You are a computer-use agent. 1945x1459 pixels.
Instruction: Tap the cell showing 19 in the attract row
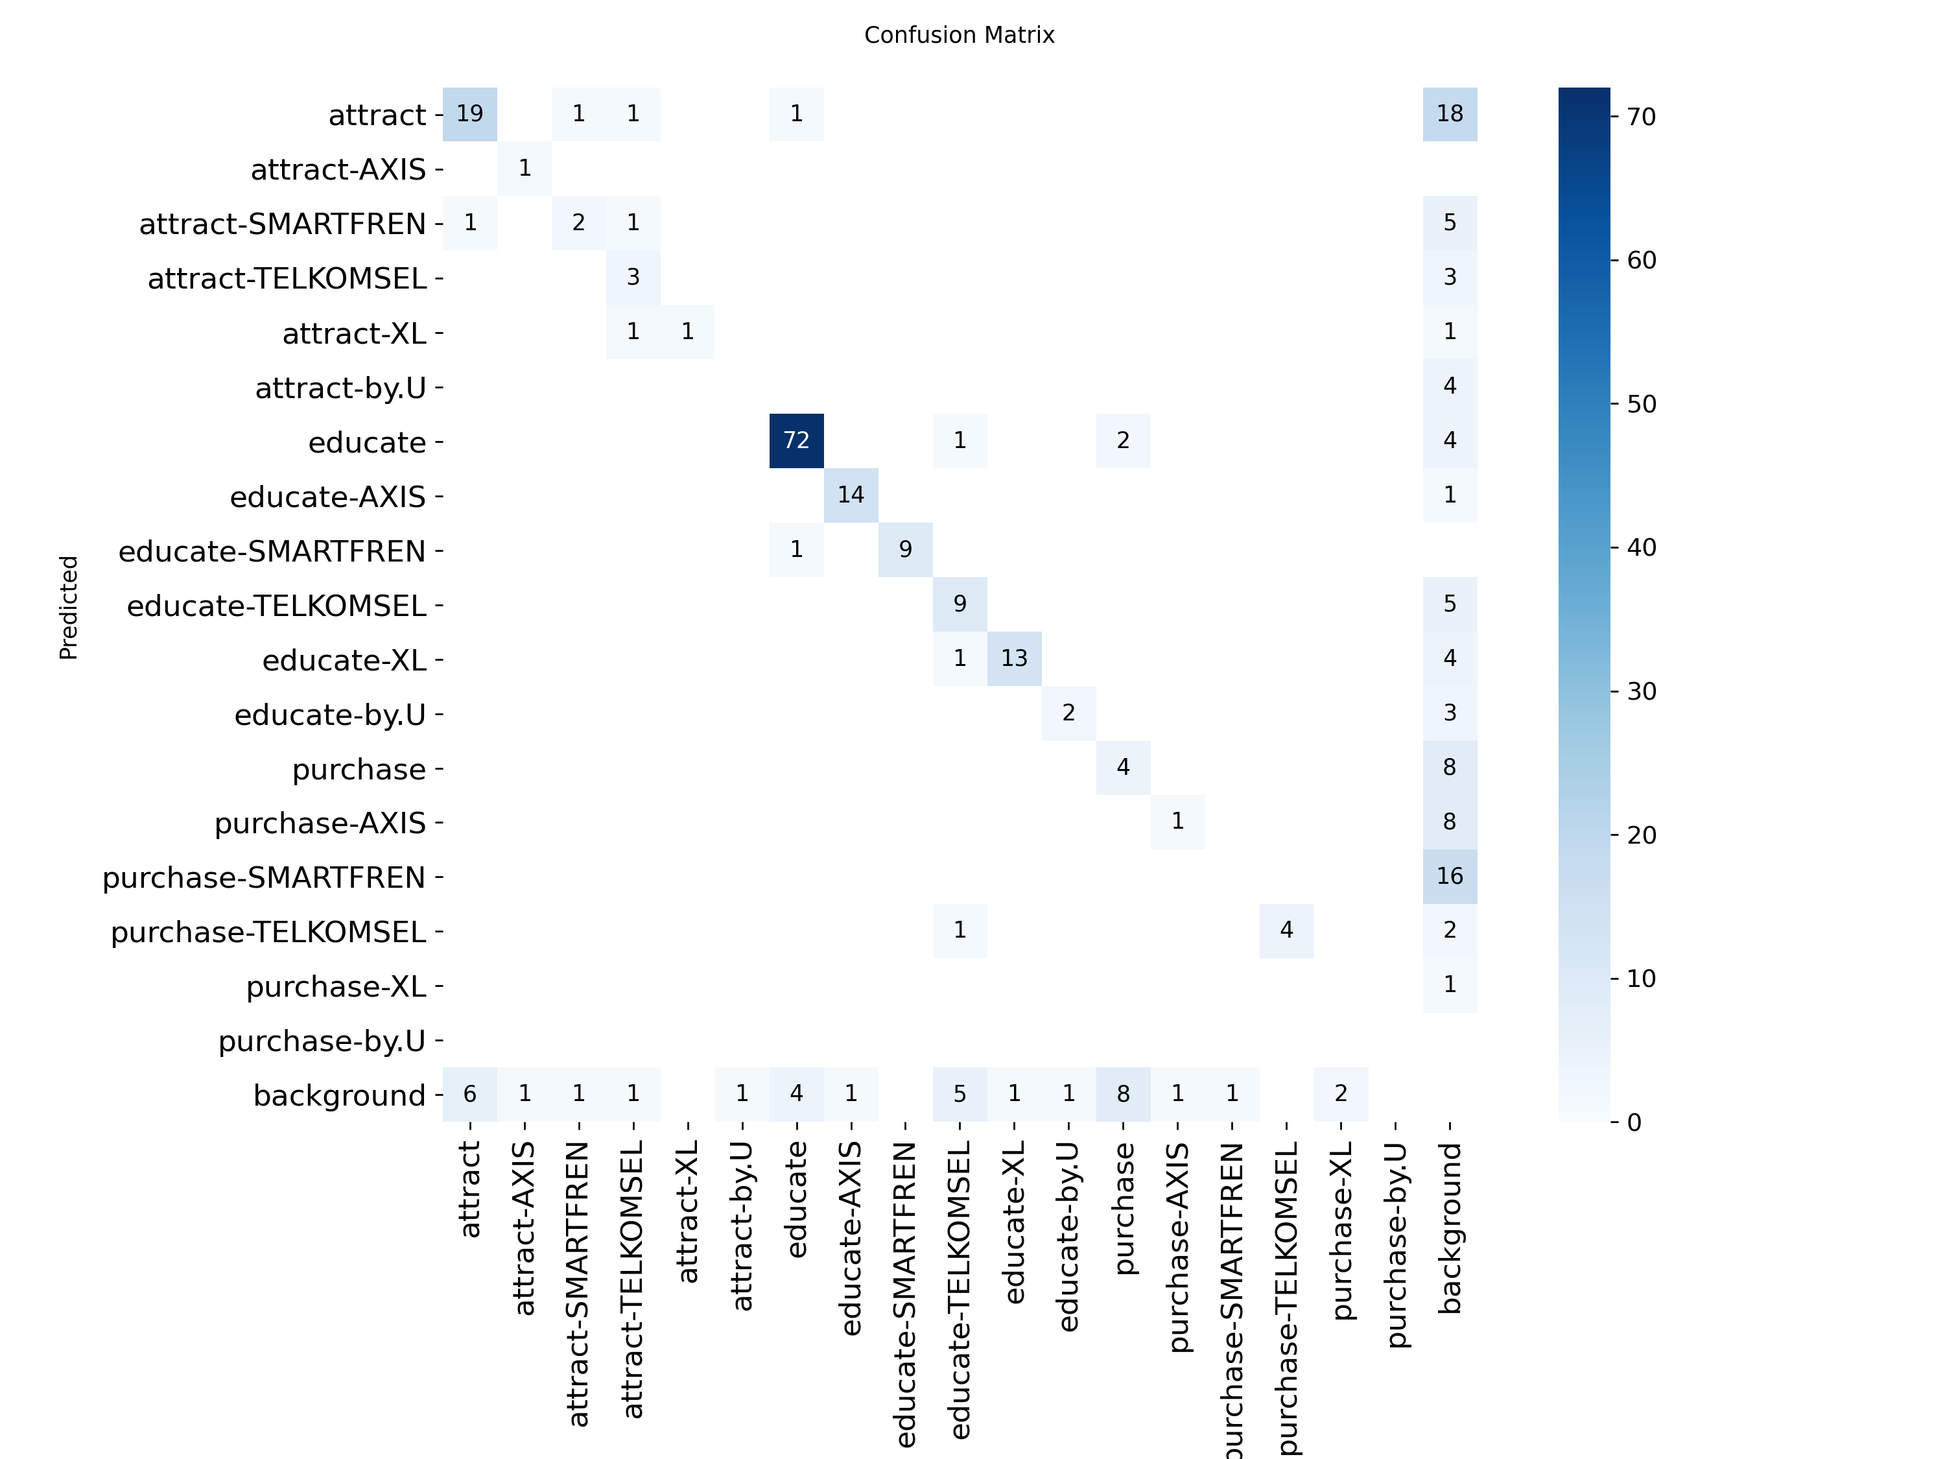coord(469,113)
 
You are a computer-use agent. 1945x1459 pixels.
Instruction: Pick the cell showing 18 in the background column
coord(1449,113)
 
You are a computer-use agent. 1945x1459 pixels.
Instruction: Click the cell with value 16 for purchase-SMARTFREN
coord(1449,876)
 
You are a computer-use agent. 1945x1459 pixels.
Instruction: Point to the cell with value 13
coord(1014,658)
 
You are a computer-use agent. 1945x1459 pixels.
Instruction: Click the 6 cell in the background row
coord(469,1094)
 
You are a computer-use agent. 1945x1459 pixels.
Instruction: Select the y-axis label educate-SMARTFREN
coord(272,551)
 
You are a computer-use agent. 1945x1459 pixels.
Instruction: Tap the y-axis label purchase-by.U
coord(322,1041)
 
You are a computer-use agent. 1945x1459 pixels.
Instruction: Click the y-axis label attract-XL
coord(355,334)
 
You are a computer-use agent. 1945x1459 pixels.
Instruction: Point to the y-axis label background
coord(340,1096)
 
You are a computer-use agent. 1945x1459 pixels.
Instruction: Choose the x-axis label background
coord(1450,1228)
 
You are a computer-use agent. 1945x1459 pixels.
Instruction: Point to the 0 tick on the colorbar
coord(1634,1122)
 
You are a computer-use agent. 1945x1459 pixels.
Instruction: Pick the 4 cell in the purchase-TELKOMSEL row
coord(1286,931)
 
